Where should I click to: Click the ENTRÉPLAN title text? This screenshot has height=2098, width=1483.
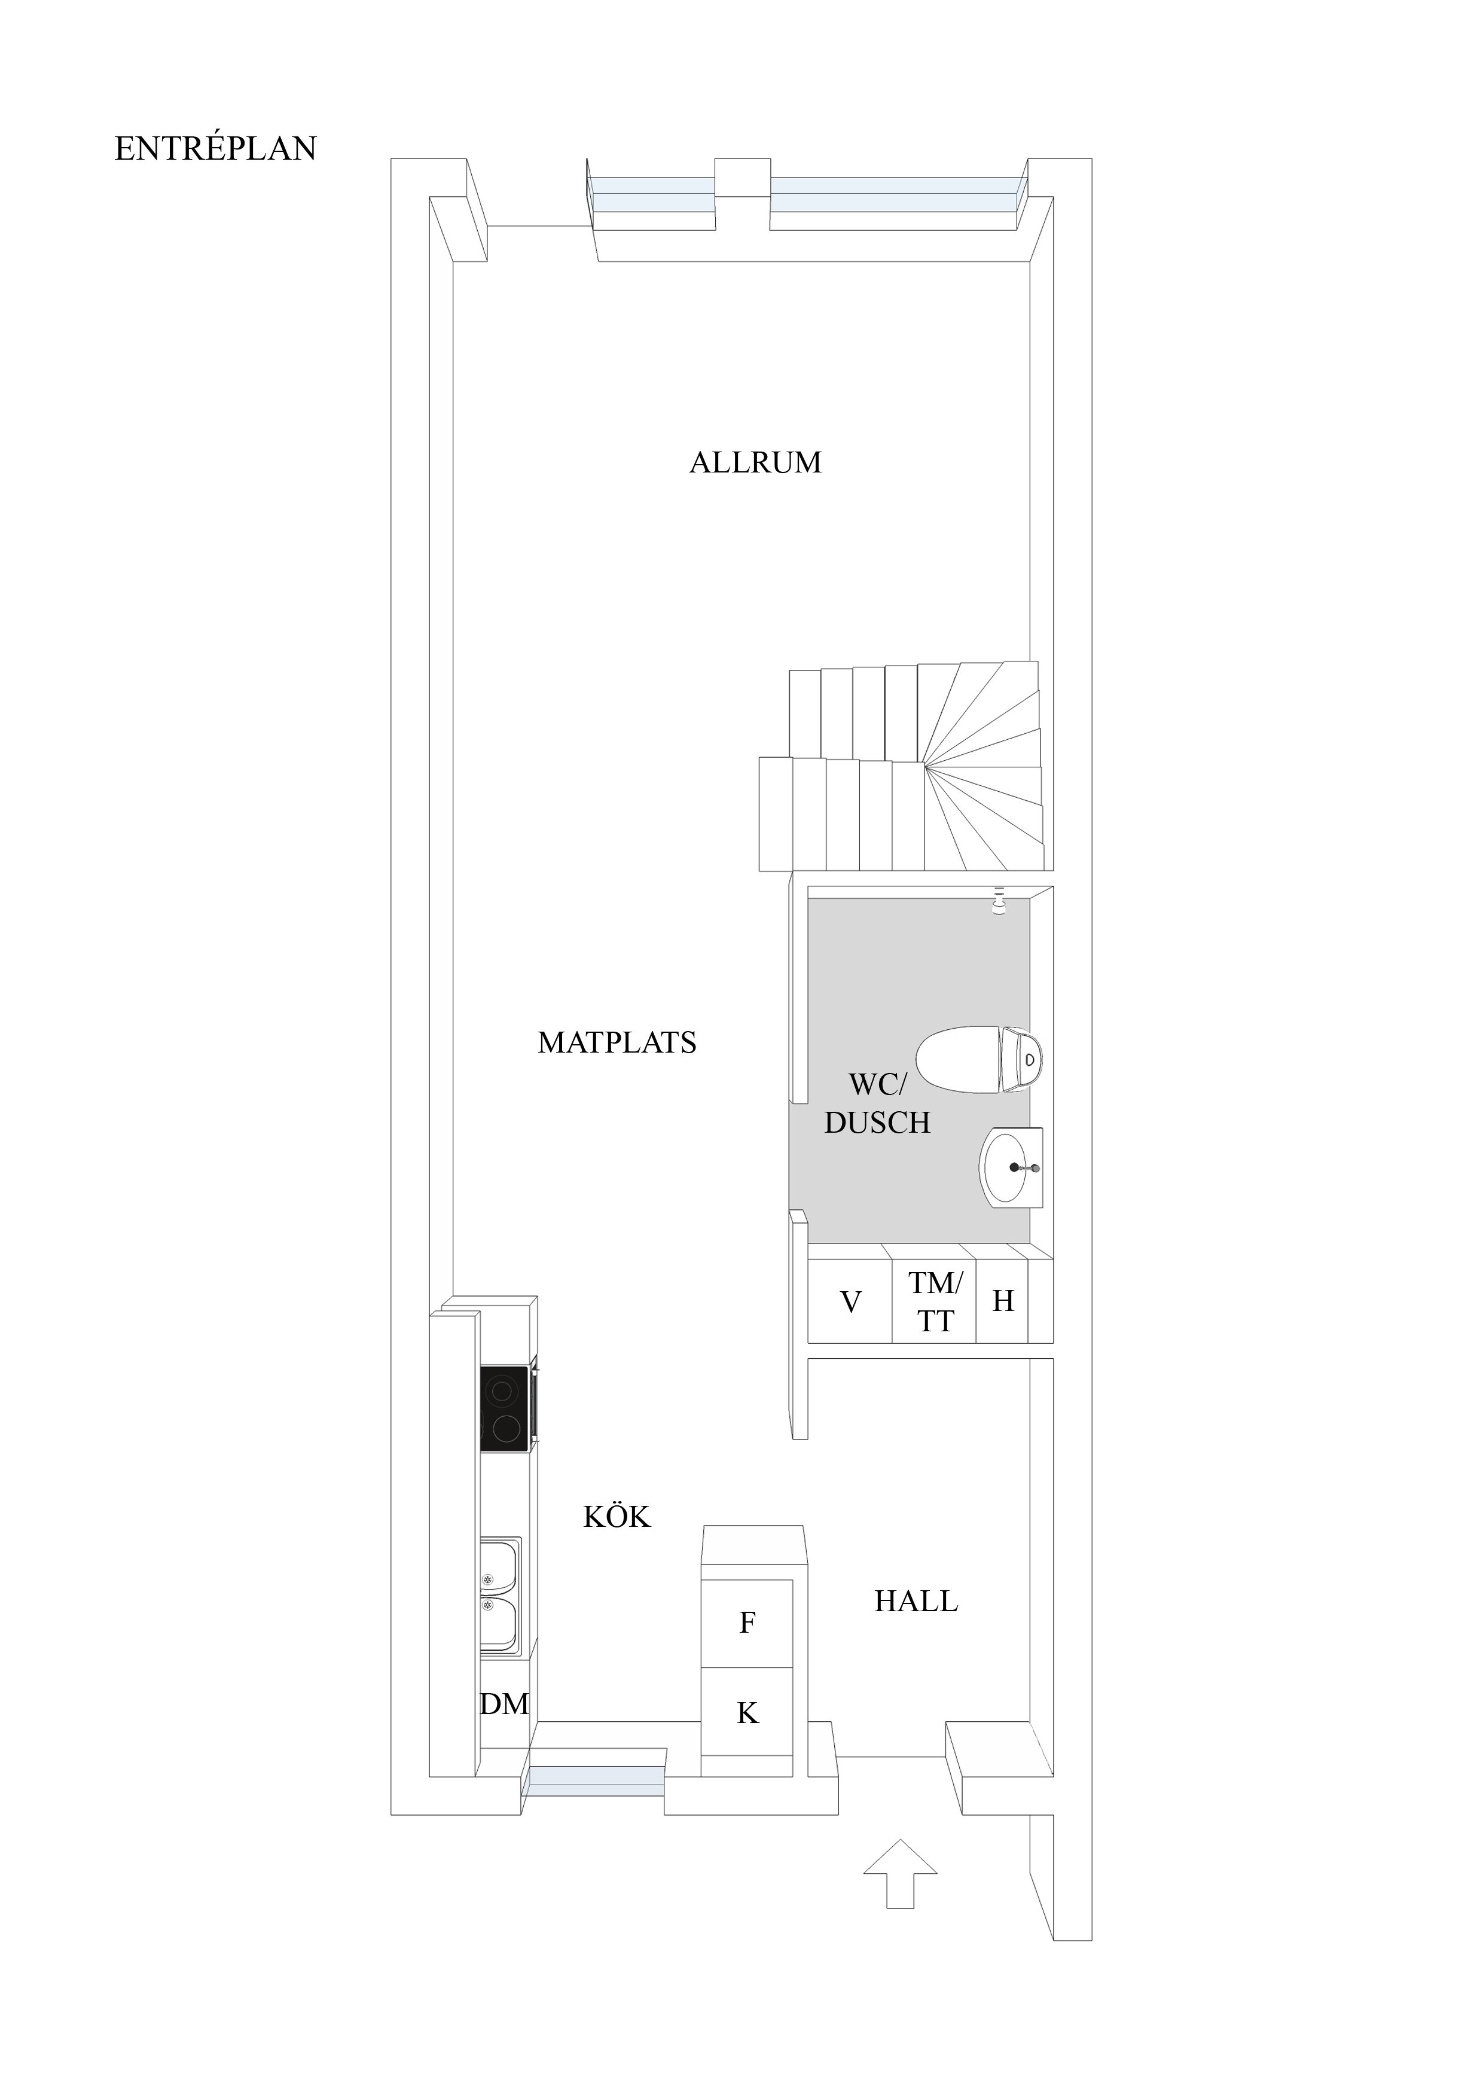click(216, 148)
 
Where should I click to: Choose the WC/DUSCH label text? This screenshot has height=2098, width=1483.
click(877, 1104)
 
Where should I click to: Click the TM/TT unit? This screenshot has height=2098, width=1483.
click(934, 1302)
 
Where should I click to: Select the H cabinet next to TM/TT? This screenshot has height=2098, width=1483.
click(1003, 1302)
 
